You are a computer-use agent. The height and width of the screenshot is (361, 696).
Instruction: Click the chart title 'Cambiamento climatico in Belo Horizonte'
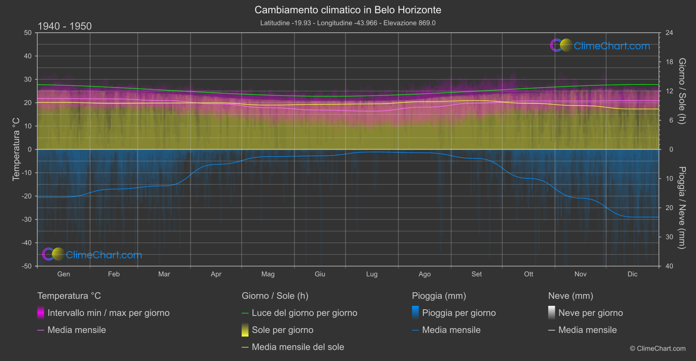348,10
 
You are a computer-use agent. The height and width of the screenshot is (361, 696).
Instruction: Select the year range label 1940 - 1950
65,26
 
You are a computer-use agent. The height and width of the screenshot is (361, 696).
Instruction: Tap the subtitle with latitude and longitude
348,23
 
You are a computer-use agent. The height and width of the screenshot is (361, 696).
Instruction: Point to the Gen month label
63,274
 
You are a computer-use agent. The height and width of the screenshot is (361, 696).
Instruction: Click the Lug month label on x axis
372,274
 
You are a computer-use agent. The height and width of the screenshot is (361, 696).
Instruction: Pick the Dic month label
632,274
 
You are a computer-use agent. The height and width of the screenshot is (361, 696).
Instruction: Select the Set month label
477,274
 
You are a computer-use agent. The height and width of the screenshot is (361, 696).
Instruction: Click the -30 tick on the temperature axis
27,219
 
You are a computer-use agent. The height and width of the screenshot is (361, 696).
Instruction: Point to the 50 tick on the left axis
28,33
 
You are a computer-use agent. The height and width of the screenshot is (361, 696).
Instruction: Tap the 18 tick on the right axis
669,62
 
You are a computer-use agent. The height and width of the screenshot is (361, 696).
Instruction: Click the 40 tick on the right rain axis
669,266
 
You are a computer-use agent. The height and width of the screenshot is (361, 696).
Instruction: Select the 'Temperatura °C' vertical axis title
16,149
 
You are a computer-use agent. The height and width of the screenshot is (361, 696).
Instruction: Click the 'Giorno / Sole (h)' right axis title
682,91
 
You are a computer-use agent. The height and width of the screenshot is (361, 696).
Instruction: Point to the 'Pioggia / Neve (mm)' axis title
682,208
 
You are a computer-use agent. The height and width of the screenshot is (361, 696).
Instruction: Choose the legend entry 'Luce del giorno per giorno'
304,313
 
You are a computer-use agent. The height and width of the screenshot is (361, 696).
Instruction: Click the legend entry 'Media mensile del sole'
298,347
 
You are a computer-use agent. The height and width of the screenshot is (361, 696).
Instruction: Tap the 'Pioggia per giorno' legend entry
458,313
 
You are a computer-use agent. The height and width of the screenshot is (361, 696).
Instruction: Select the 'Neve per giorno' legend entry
590,313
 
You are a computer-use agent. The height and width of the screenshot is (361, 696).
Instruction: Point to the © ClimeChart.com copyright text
658,348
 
